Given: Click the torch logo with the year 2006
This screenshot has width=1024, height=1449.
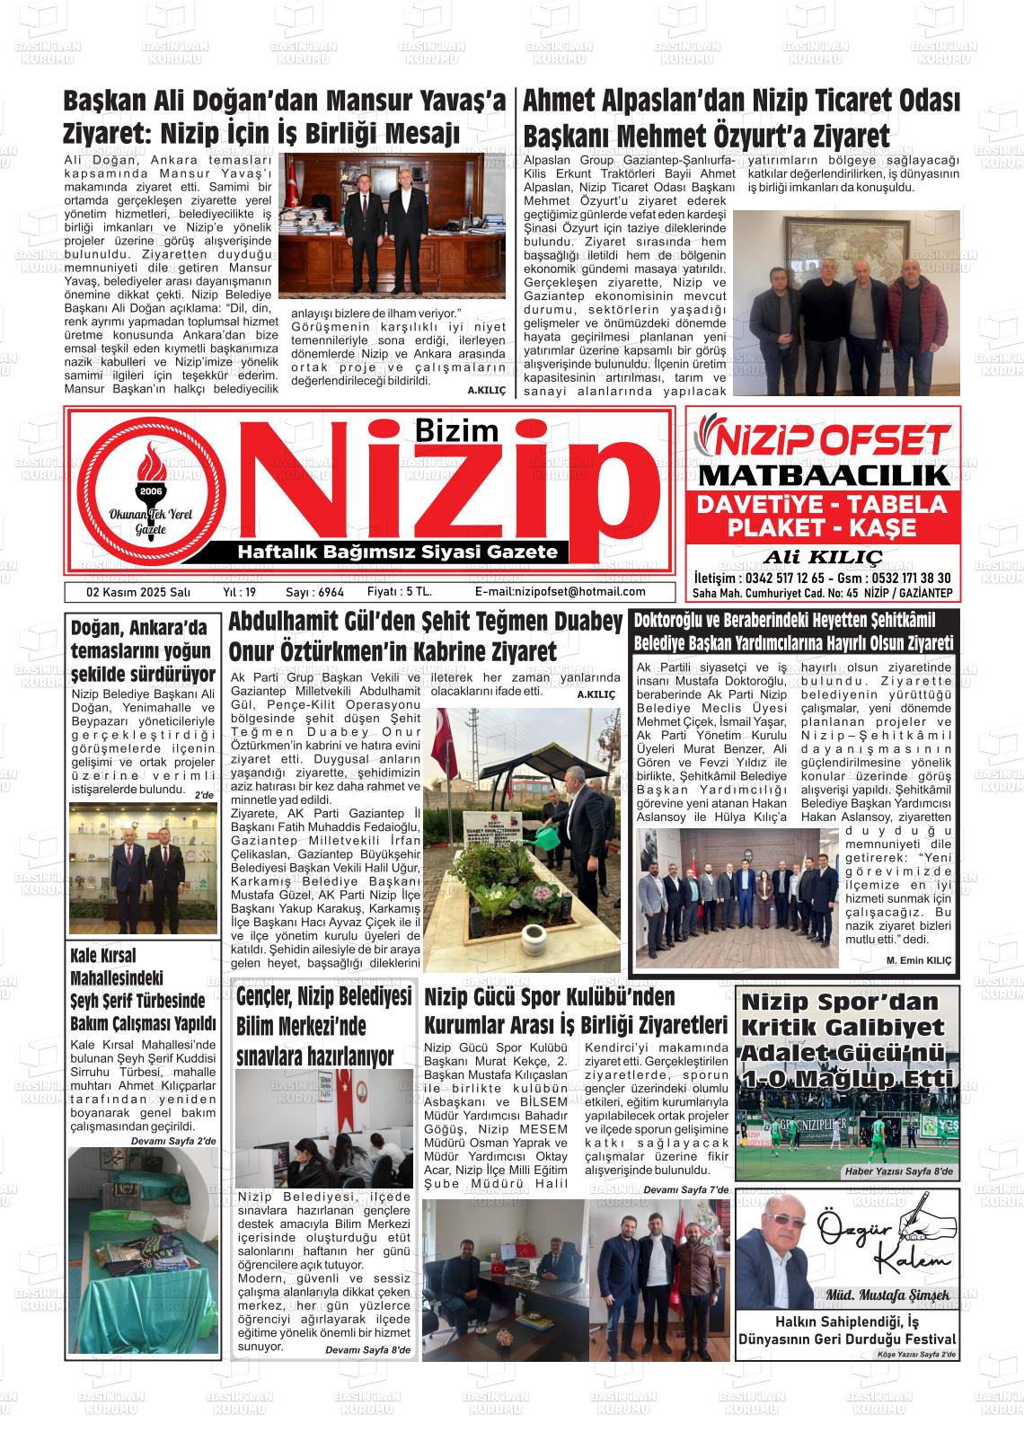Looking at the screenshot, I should click(x=150, y=490).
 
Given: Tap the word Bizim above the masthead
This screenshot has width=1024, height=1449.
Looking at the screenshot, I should click(x=457, y=430).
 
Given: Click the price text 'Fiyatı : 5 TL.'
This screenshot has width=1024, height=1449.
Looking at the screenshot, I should click(x=400, y=592).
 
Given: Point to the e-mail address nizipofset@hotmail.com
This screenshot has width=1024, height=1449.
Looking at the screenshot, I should click(x=560, y=592).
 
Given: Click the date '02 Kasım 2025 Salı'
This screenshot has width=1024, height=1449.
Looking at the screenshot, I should click(x=126, y=592).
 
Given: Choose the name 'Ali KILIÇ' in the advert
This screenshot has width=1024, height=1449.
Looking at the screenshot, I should click(x=823, y=556).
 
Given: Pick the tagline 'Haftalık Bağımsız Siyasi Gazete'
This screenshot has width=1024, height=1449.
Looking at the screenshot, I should click(x=396, y=552).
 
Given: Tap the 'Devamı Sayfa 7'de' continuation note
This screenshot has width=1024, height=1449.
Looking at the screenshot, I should click(x=685, y=1190).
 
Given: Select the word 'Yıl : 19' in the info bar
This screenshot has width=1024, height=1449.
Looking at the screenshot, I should click(x=239, y=592).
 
